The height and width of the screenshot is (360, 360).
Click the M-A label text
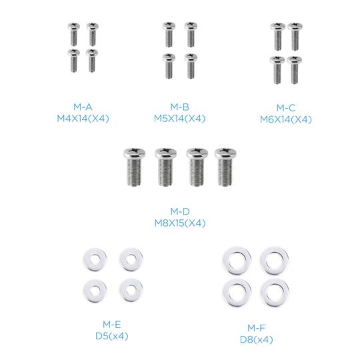coord(83,107)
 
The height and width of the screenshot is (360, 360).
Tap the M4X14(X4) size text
coord(83,119)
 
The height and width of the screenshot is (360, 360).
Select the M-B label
coord(180,107)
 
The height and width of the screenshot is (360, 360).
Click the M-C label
coord(285,107)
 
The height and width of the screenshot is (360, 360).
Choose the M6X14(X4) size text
coord(285,119)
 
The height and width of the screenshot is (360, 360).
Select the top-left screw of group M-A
coord(73,32)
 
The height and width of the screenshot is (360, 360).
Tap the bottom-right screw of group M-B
coord(191,65)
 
